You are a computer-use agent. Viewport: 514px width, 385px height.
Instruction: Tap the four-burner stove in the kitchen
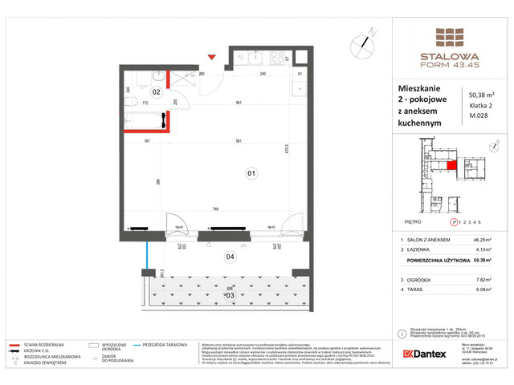(279, 57)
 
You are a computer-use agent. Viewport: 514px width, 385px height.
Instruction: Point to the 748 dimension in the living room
(217, 209)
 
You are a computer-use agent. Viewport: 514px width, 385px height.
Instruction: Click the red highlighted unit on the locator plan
(452, 166)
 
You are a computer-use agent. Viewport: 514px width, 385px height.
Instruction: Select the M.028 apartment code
(478, 122)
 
